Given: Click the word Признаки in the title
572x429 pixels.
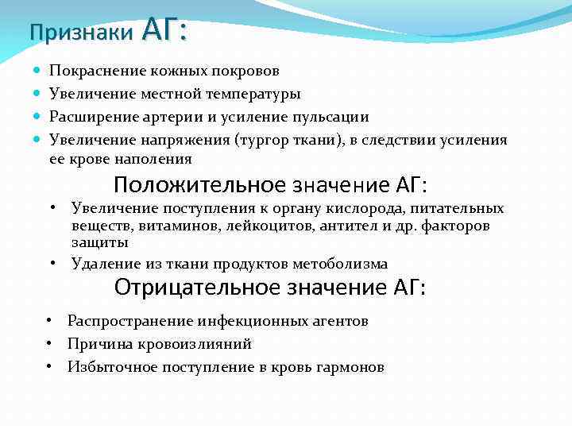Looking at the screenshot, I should [81, 33].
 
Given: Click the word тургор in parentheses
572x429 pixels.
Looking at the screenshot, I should [284, 141].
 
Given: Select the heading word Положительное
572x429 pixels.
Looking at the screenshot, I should [199, 186].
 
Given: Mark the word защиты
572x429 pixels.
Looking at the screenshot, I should [99, 243].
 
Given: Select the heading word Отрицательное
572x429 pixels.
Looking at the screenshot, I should [198, 287].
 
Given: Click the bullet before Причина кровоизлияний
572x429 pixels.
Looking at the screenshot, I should [49, 344].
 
